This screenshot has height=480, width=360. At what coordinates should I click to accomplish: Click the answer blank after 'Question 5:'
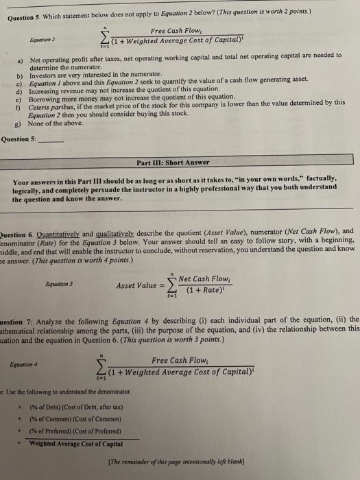coord(51,139)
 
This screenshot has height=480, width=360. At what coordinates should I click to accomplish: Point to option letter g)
coord(20,123)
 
